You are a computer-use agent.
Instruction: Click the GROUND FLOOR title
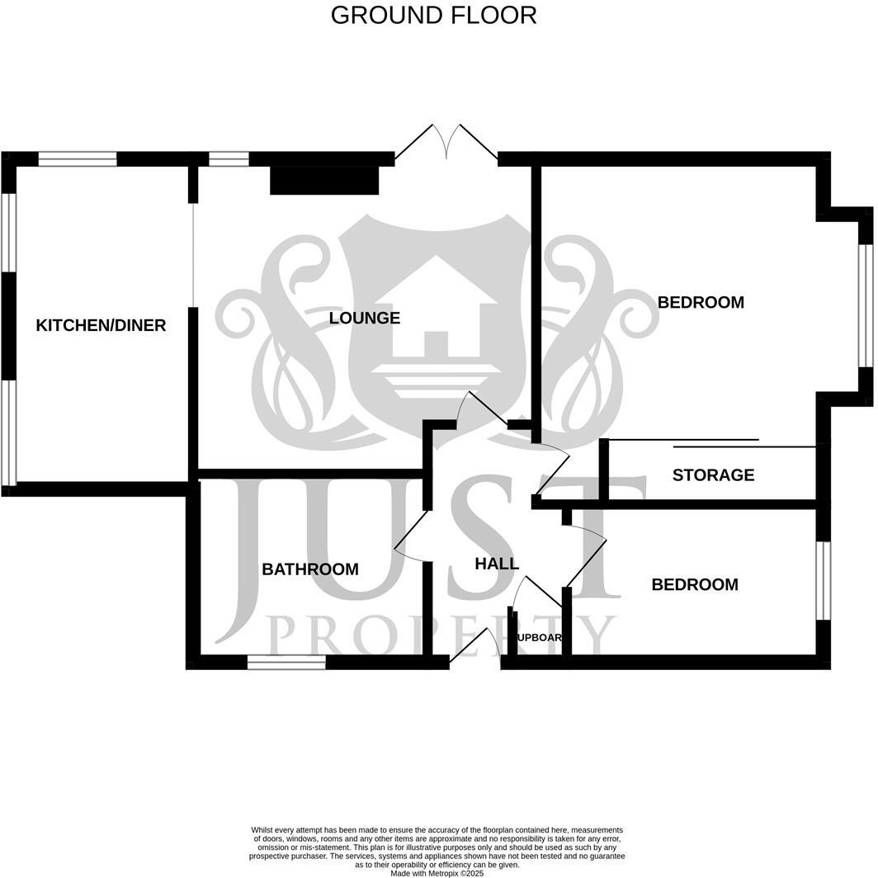pos(433,15)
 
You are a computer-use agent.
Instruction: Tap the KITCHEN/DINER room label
pos(101,325)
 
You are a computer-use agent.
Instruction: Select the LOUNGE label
pos(364,318)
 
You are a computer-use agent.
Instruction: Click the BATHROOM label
pos(309,569)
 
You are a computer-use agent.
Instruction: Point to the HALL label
pos(497,564)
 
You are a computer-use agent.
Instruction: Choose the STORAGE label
pos(713,474)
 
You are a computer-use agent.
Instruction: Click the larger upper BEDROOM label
pos(701,302)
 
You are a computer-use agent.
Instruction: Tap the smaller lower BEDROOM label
pos(694,584)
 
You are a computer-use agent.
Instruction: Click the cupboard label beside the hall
pos(539,637)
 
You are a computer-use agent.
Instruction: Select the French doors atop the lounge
pos(446,144)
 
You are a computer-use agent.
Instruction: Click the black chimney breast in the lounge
pos(324,181)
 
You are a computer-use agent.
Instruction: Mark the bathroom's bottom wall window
pos(286,662)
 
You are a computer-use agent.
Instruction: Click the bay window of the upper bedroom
pos(865,305)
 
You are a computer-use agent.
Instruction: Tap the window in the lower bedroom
pos(823,580)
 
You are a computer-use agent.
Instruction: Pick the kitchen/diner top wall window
pos(78,159)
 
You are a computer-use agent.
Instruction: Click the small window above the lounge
pos(229,159)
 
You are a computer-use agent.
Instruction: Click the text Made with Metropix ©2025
pos(437,873)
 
